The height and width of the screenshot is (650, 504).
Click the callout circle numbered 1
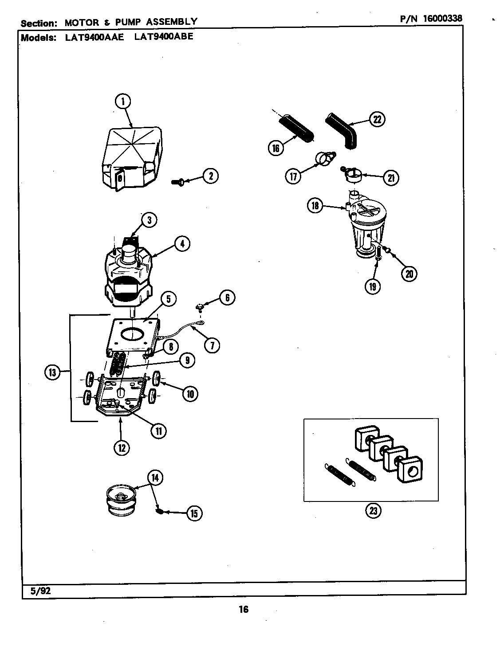[x=123, y=102]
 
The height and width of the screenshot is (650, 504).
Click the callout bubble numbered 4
[x=182, y=243]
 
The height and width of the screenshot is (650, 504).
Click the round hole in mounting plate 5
[x=132, y=334]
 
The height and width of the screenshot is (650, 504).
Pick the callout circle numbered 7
[x=212, y=345]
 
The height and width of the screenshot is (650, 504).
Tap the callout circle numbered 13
[x=52, y=372]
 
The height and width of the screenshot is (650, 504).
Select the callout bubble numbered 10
[x=189, y=393]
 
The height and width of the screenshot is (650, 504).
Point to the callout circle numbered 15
[x=194, y=513]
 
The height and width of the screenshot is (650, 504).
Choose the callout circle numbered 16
[x=276, y=148]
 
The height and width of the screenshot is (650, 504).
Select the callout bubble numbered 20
[x=409, y=274]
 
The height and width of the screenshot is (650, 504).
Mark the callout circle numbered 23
[x=373, y=511]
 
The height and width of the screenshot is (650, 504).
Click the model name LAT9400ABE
[x=163, y=36]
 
